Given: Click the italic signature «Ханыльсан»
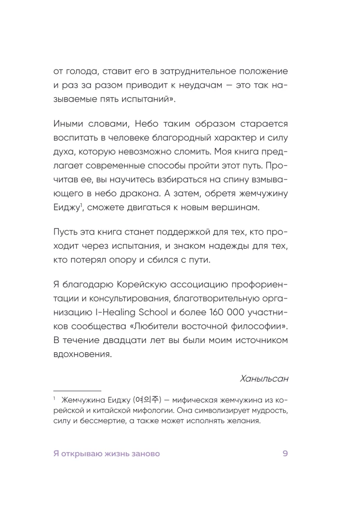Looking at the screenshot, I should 262,379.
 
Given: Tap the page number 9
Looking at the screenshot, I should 285,454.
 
